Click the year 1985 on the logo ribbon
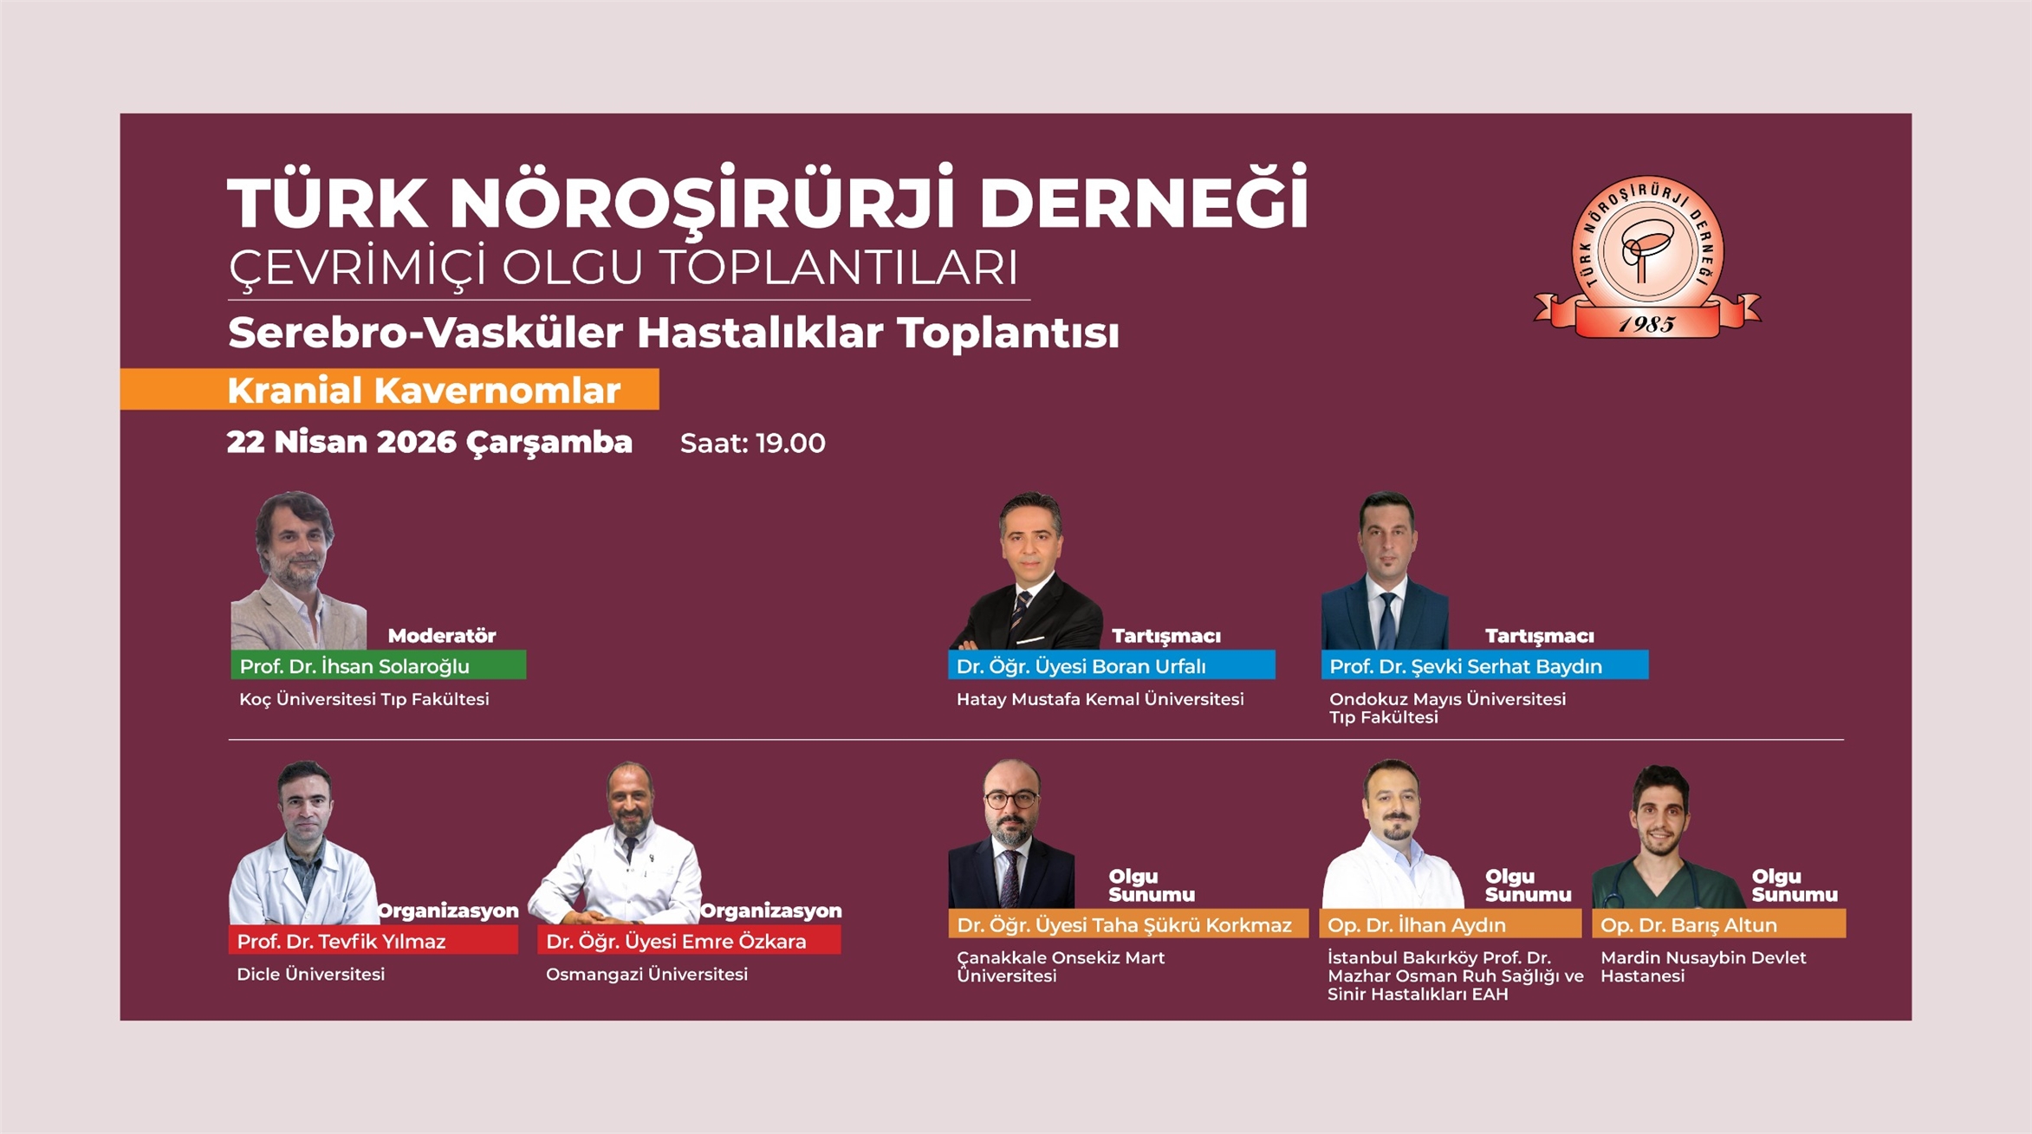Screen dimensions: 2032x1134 [x=1646, y=324]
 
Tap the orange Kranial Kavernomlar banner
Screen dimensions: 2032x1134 [x=389, y=389]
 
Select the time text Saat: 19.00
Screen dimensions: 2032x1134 [x=752, y=444]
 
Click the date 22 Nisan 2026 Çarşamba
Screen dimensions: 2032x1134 [x=429, y=443]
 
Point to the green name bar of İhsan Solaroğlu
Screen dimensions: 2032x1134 [x=378, y=665]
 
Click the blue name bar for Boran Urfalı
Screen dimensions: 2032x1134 [x=1111, y=665]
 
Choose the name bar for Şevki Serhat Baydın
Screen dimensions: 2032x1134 [x=1484, y=665]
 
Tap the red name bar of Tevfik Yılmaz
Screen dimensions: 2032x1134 [x=373, y=941]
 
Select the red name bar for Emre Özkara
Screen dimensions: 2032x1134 [x=689, y=941]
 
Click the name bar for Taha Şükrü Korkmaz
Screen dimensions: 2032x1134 [x=1128, y=924]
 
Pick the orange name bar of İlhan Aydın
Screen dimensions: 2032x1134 [x=1451, y=924]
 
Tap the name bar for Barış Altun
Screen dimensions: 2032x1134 [x=1719, y=924]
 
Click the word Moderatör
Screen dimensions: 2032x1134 [x=442, y=636]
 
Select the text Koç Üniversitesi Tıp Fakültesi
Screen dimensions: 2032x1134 [x=364, y=699]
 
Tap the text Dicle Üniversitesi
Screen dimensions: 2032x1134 [x=310, y=974]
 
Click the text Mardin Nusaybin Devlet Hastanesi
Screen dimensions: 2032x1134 [x=1704, y=967]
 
